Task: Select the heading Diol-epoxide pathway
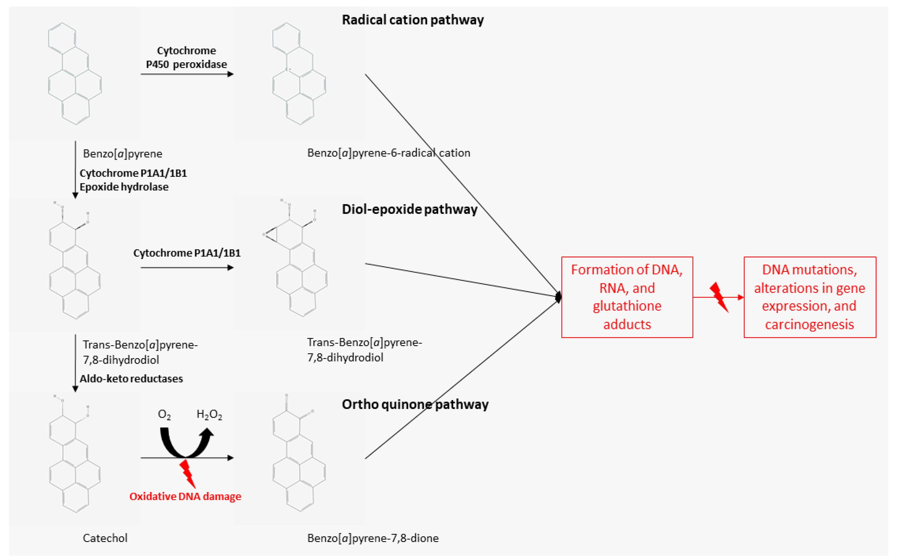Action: [409, 210]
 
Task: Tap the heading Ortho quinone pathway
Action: [415, 404]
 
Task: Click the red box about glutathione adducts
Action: [627, 297]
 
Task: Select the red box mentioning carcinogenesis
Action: [809, 297]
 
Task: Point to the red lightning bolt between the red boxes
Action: [719, 297]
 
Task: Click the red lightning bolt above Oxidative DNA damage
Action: [188, 474]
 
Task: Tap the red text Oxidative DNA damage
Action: [185, 496]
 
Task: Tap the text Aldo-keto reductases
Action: [131, 379]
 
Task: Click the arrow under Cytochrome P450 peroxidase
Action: [187, 74]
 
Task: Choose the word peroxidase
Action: [200, 64]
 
